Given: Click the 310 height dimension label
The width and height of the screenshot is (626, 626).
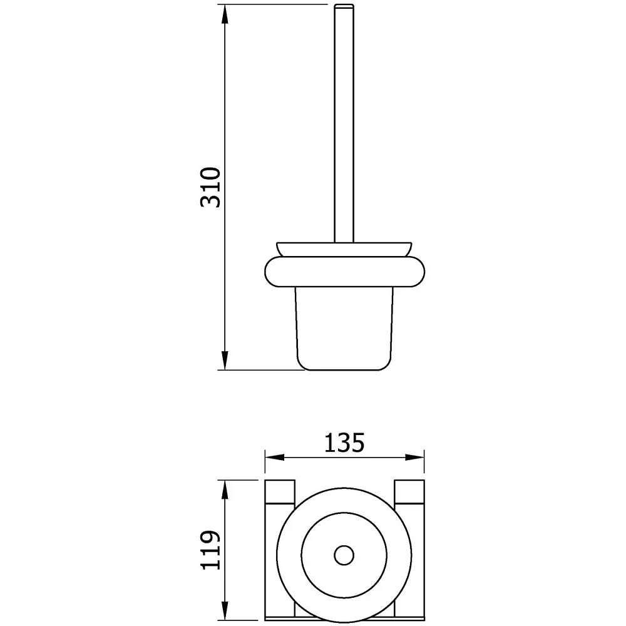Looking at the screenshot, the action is click(210, 187).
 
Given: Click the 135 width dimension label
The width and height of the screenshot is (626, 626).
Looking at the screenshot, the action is click(344, 443).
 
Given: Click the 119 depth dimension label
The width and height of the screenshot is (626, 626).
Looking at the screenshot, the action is click(210, 550).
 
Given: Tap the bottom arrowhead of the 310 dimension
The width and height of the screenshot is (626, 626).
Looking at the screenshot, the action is click(225, 361).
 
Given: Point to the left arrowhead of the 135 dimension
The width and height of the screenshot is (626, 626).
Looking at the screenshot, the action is click(275, 457).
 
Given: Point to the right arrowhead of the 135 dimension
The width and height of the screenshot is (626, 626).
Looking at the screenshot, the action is click(414, 457).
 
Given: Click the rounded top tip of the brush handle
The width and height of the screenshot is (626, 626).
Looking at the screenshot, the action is click(344, 5).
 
